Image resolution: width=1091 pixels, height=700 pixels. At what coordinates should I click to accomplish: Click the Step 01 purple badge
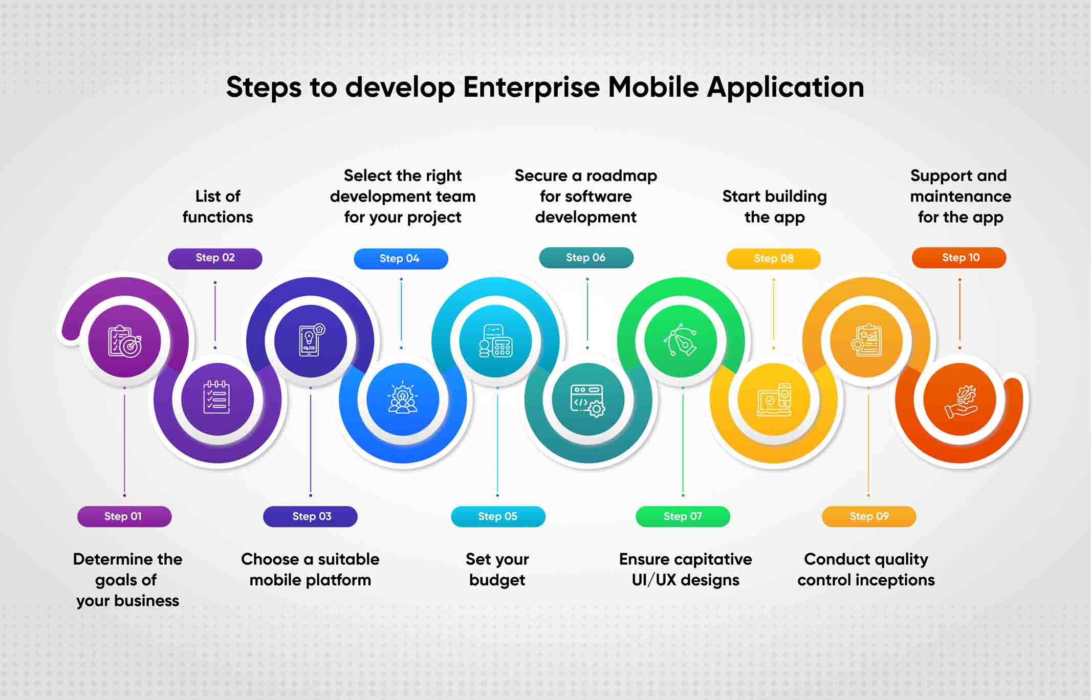124,516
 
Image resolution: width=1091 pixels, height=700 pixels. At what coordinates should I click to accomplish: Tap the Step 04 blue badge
401,258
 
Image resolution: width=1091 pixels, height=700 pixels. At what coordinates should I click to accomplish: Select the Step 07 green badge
683,516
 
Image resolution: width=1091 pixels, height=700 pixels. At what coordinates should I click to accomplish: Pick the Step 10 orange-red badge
959,257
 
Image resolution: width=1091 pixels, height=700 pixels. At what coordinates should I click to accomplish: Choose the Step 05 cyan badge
498,516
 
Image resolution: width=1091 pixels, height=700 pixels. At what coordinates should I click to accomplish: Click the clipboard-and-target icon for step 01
125,341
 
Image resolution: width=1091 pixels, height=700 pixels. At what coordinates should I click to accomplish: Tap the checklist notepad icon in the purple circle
217,397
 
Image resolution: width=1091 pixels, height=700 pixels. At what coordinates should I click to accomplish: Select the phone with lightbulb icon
311,339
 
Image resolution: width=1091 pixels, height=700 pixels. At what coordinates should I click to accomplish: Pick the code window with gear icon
587,401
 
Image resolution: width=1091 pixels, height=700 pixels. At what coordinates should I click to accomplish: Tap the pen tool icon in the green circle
680,340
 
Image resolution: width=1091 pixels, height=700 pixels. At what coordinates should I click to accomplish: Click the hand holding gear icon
961,402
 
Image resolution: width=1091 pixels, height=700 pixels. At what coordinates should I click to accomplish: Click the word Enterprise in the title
531,87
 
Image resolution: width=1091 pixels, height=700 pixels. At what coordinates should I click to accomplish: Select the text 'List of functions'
217,206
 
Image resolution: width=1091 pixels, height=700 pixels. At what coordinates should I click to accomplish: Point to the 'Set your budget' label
497,570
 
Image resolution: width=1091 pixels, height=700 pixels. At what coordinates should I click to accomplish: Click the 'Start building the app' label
774,206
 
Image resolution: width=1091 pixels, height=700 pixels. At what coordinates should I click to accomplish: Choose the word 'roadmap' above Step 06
622,176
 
